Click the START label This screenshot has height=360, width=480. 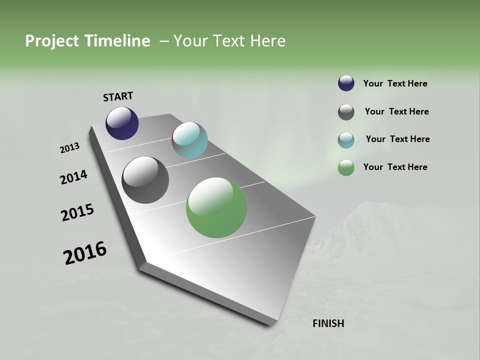coord(118,96)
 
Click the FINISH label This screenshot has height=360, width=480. coord(328,323)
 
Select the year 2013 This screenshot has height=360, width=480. coord(70,148)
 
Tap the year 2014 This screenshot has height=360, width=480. coord(73,177)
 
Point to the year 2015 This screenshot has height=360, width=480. coord(77,212)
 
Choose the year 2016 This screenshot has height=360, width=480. coord(85,253)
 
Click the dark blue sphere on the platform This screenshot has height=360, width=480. coord(122,123)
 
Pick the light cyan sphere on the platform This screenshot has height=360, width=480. coord(189,140)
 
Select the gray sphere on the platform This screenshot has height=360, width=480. coord(145,180)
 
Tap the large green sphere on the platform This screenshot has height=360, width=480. coord(216,207)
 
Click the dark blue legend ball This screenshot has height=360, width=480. coord(346,83)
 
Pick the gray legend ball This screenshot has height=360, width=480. coord(346,112)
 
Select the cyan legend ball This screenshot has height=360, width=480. coord(346,140)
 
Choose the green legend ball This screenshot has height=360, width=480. coord(346,167)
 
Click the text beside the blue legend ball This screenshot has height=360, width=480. coord(395,83)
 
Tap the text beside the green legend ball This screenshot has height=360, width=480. coord(395,167)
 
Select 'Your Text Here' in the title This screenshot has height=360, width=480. coord(229,41)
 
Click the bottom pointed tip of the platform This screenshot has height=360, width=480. coord(272,324)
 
